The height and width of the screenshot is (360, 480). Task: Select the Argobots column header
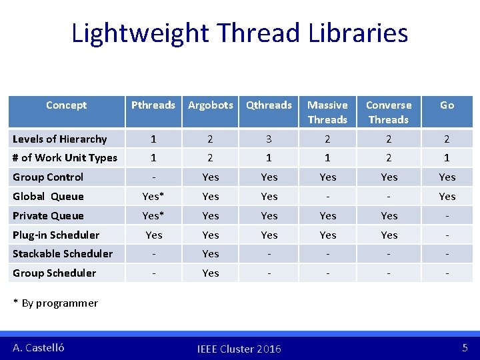click(x=211, y=105)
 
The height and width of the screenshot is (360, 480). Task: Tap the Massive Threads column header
click(x=327, y=112)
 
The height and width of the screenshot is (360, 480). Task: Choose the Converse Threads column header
click(x=389, y=112)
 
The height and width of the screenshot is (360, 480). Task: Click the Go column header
click(x=447, y=105)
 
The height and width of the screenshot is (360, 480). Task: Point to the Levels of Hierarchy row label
click(x=60, y=139)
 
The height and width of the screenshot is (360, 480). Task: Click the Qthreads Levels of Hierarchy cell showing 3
click(x=269, y=139)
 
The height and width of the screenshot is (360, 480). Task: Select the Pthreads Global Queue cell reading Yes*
click(x=153, y=196)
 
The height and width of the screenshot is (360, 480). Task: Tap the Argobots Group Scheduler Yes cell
click(x=211, y=273)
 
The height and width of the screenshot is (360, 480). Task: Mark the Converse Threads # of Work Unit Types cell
click(x=389, y=157)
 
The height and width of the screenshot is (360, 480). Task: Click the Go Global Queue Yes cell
click(x=447, y=196)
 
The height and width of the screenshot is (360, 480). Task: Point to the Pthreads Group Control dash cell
click(x=153, y=177)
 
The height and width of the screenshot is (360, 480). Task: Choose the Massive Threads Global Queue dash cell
click(x=327, y=196)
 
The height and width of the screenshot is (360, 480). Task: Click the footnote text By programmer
click(x=59, y=303)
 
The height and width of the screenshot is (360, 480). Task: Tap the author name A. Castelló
click(x=39, y=347)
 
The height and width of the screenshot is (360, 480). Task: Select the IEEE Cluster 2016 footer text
click(x=239, y=349)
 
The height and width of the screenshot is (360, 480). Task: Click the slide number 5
click(x=465, y=347)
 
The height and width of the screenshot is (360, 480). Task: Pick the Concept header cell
click(x=66, y=105)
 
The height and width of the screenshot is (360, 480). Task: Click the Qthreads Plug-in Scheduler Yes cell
click(x=269, y=235)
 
